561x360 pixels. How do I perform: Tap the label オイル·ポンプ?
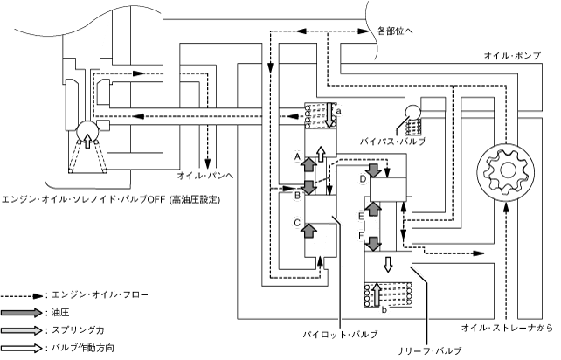click(x=512, y=56)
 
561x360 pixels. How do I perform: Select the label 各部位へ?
click(x=395, y=31)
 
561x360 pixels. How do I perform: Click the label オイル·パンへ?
click(x=205, y=176)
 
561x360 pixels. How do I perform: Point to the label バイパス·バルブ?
click(x=393, y=142)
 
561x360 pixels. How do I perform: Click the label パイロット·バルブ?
click(x=340, y=335)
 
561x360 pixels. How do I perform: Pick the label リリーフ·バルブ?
click(x=429, y=350)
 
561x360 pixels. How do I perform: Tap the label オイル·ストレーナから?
click(x=507, y=328)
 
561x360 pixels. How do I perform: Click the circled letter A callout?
click(x=297, y=156)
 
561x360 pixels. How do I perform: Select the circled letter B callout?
click(x=297, y=196)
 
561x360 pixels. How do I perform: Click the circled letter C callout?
click(x=297, y=223)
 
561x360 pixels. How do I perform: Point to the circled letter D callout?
click(x=363, y=179)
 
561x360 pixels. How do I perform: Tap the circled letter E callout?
click(x=362, y=216)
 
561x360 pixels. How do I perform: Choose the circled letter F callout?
click(x=362, y=236)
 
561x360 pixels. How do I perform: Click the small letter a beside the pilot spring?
click(x=339, y=111)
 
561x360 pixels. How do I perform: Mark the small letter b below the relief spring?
click(x=384, y=310)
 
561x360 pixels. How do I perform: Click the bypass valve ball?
click(x=412, y=112)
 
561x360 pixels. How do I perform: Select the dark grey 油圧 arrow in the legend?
click(x=22, y=313)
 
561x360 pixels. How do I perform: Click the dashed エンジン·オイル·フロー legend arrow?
click(x=22, y=296)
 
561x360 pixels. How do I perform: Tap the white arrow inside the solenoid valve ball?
click(x=87, y=141)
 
